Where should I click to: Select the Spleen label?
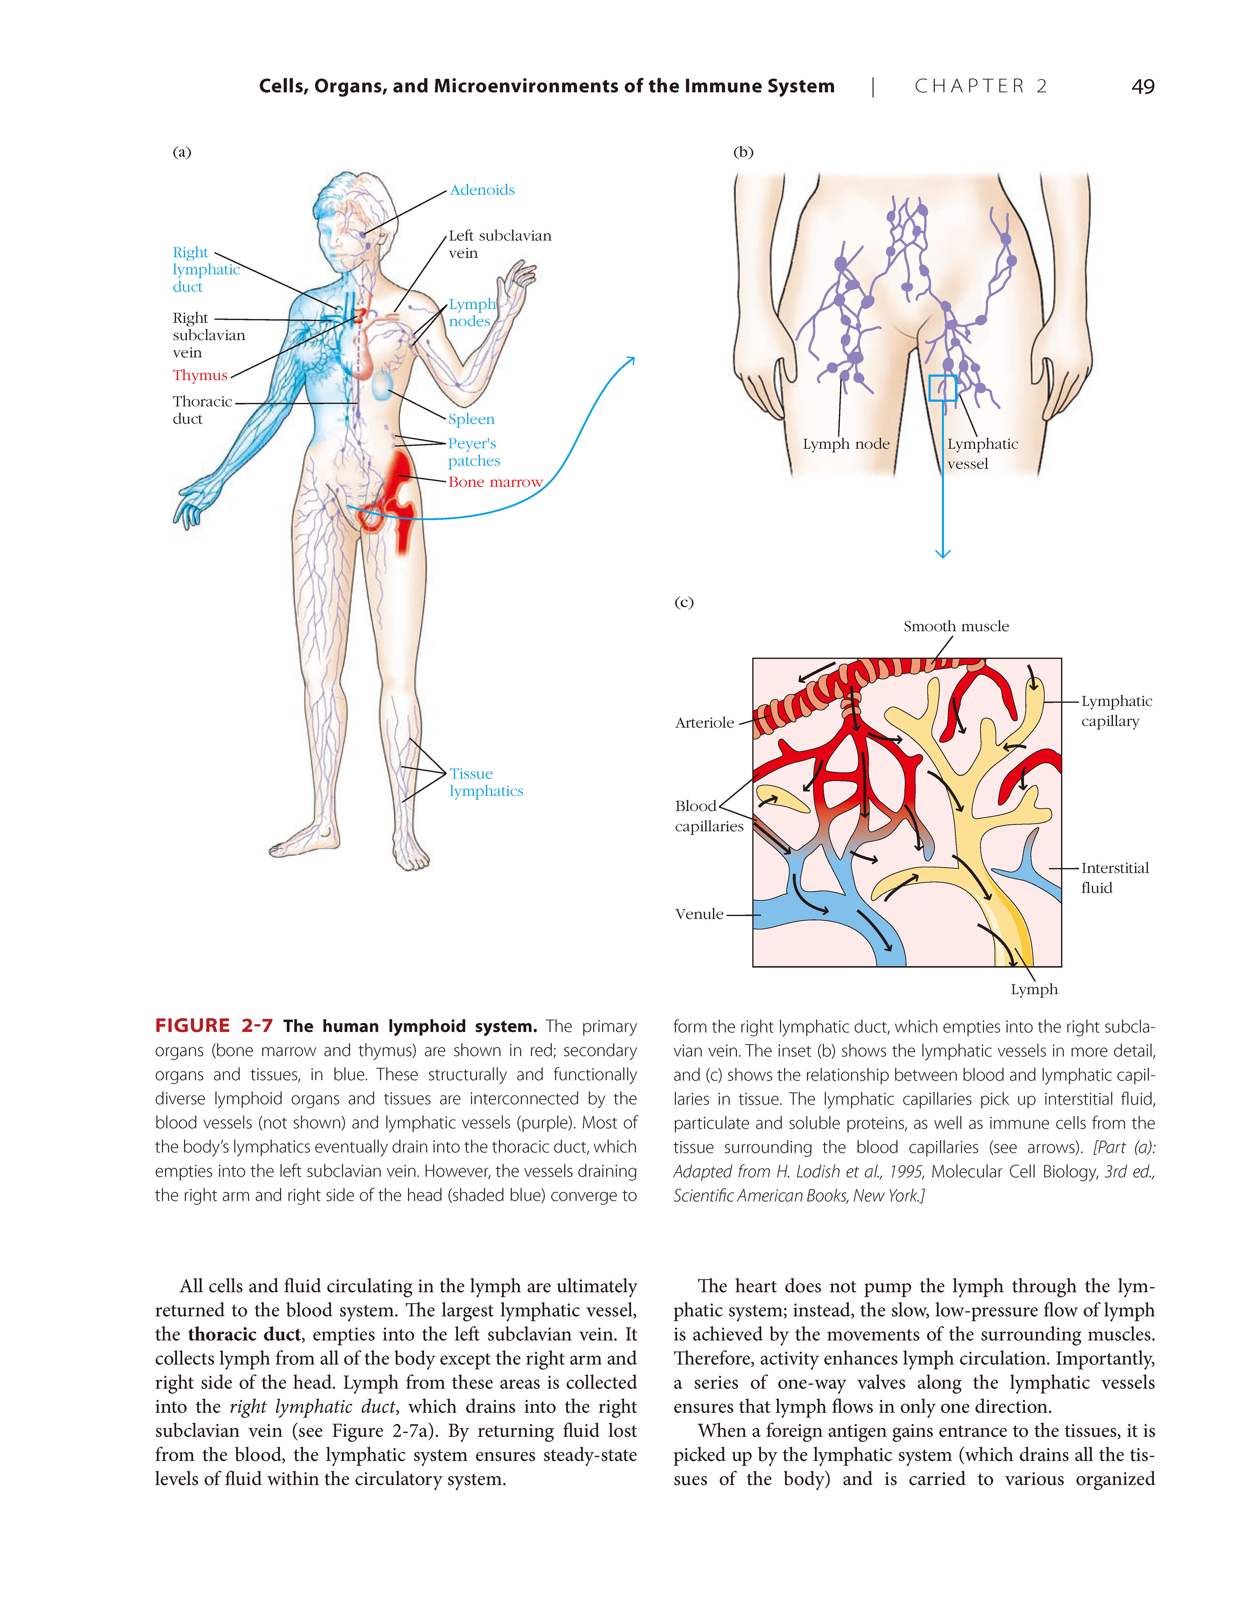(x=471, y=419)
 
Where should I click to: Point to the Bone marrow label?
(x=495, y=482)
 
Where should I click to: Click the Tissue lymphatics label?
(x=486, y=782)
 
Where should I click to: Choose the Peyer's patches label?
(x=474, y=452)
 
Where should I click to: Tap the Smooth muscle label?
(x=956, y=627)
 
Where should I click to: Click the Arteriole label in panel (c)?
(x=704, y=723)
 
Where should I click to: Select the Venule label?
(x=699, y=914)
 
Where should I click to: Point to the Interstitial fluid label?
(x=1114, y=878)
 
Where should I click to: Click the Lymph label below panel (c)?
(x=1034, y=989)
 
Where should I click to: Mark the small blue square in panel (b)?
(x=942, y=388)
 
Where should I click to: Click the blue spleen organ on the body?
(x=382, y=386)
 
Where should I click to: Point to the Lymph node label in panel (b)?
(x=845, y=444)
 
